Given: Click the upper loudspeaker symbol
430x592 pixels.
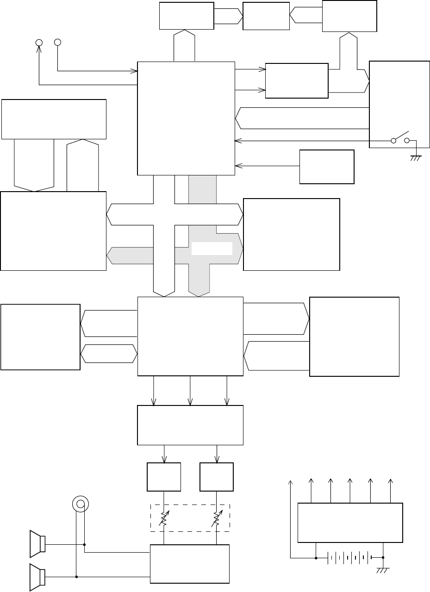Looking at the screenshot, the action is click(x=37, y=543).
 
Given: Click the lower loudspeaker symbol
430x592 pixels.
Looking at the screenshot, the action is click(x=37, y=577).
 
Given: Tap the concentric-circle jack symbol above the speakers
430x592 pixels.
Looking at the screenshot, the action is click(x=80, y=504).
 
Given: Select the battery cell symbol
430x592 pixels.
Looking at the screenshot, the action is click(x=349, y=558).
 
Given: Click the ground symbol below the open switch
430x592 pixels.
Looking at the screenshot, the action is click(x=415, y=158).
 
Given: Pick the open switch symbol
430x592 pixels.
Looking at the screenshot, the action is click(x=401, y=138).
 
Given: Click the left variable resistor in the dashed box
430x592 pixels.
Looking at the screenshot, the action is click(x=164, y=518).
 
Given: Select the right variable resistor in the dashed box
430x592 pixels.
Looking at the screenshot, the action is click(x=217, y=518).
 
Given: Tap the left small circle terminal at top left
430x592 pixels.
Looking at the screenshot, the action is click(x=39, y=43).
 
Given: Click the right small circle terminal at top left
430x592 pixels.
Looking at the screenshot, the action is click(x=57, y=43).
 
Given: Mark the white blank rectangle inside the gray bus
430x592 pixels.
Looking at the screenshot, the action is click(x=212, y=248).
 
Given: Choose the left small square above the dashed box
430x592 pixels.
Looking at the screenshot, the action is click(x=164, y=476).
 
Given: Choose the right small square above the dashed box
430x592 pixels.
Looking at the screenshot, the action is click(x=217, y=476).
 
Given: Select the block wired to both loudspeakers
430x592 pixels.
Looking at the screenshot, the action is click(x=190, y=563).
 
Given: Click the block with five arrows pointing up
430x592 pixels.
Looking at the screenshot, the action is click(x=350, y=522).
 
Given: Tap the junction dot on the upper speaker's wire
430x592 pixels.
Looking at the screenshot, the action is click(x=84, y=544).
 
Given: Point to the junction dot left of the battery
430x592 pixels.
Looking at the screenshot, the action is click(x=316, y=558).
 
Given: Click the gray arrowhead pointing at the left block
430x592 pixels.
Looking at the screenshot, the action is click(x=111, y=255).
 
